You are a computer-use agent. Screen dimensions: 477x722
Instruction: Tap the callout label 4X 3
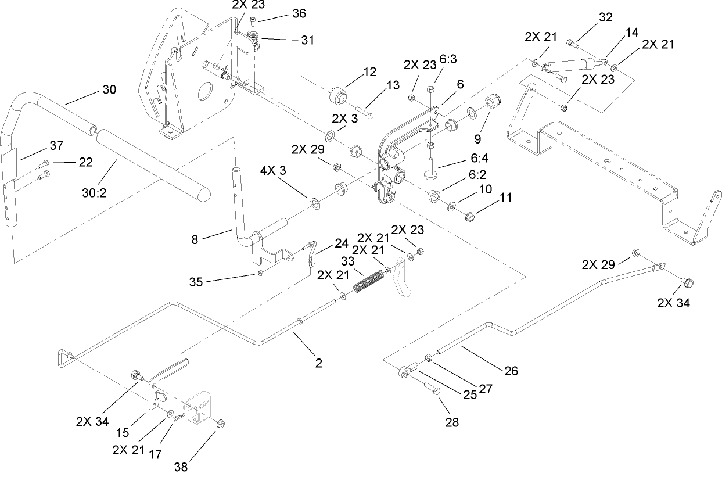point(277,172)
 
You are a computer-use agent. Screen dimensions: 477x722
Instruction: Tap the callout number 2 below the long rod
point(318,363)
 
